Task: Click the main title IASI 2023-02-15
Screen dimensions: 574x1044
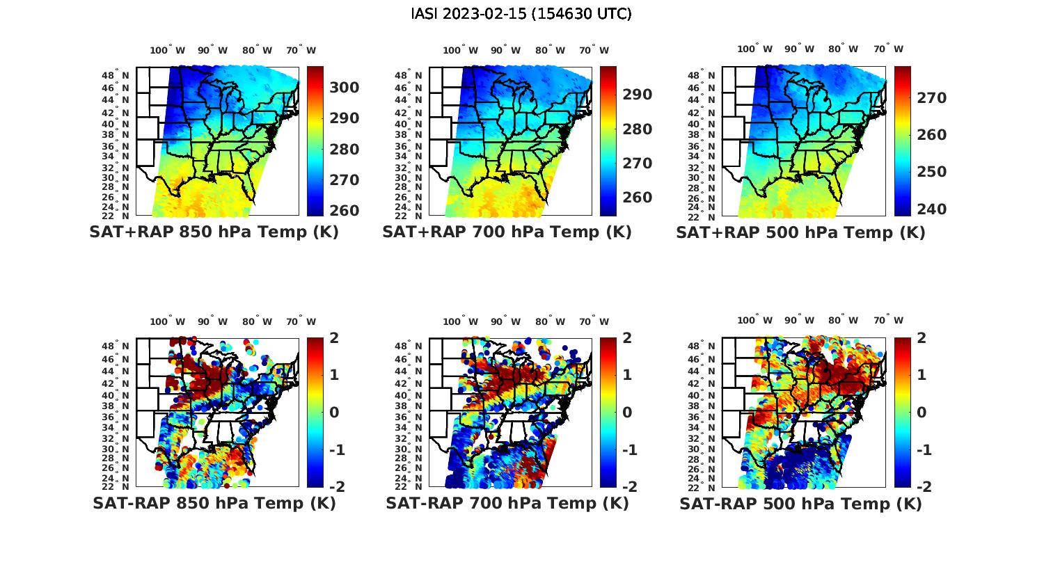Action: click(521, 14)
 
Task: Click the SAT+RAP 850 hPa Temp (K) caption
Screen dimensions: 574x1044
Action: click(214, 232)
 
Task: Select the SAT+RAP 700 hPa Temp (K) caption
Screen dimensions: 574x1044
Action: click(507, 232)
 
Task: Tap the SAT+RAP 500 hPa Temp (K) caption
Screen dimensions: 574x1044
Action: click(800, 233)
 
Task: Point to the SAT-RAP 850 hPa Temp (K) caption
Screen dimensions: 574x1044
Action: click(214, 504)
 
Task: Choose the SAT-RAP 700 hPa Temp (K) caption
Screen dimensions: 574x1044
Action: click(507, 504)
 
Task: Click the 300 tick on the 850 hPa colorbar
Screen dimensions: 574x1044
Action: click(345, 88)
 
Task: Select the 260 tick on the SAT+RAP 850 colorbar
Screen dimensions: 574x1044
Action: click(345, 211)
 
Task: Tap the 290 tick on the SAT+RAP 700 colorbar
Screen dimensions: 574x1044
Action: click(638, 95)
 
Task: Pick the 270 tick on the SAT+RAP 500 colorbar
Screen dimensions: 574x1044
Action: click(932, 98)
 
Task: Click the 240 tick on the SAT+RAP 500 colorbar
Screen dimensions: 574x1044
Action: click(932, 209)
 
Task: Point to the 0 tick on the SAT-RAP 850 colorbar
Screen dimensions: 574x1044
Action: click(334, 413)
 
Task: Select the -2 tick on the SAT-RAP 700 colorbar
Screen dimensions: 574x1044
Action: click(628, 487)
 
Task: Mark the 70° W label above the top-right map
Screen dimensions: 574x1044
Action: click(888, 49)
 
